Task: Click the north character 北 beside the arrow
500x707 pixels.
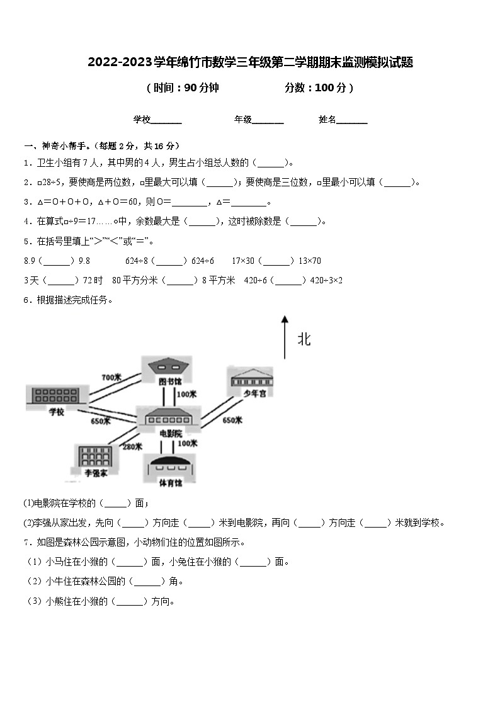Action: click(304, 340)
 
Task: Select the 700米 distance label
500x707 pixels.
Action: click(111, 377)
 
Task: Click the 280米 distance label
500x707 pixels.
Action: click(132, 446)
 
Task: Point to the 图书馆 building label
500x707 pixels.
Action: click(169, 382)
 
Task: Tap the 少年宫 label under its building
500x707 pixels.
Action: click(251, 394)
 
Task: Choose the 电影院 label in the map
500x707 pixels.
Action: click(170, 433)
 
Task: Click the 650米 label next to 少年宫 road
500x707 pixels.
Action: click(232, 420)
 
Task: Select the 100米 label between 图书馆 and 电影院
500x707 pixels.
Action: click(186, 394)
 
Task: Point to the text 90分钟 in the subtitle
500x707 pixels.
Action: click(201, 88)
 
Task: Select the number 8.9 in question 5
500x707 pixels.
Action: click(29, 261)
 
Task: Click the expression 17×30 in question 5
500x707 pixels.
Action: click(242, 261)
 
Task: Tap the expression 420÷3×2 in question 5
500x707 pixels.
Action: click(327, 280)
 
